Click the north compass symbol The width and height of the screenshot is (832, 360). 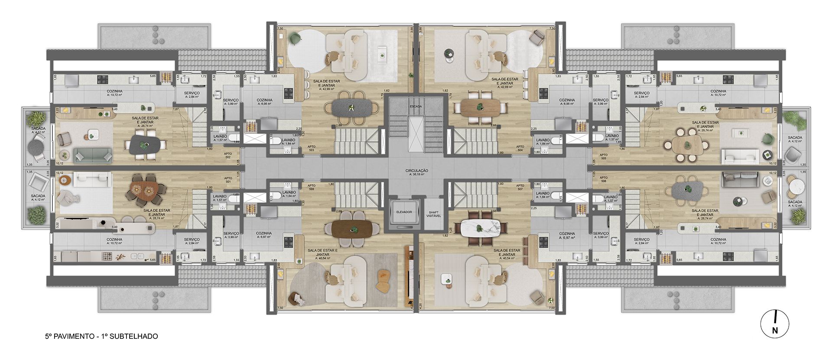click(x=775, y=324)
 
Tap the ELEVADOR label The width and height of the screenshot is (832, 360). click(x=403, y=212)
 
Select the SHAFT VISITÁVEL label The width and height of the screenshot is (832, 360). click(x=433, y=214)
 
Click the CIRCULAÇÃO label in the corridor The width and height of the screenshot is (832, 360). click(x=416, y=171)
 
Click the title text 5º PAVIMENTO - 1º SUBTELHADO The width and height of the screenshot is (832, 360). click(x=101, y=336)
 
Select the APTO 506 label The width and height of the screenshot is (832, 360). click(x=603, y=180)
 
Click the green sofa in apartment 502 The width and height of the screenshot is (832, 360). click(x=93, y=155)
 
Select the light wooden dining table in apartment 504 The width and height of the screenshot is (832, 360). click(x=480, y=107)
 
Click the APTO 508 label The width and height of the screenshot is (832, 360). click(x=311, y=187)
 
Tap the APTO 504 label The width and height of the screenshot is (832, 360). click(x=520, y=149)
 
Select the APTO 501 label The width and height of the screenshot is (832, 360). click(x=227, y=180)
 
